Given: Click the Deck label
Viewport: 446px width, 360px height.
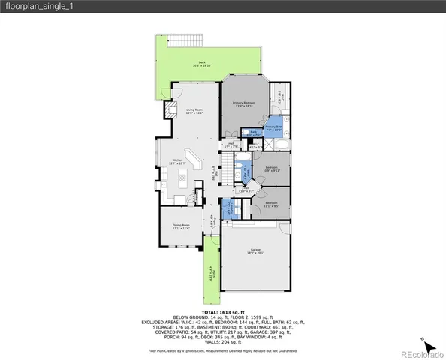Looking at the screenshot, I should [202, 63].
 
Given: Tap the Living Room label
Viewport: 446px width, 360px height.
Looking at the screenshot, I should [195, 112].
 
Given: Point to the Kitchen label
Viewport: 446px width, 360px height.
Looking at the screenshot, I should [178, 161].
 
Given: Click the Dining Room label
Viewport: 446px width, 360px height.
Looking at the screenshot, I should [180, 226].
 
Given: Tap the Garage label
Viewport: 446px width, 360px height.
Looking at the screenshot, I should [256, 251].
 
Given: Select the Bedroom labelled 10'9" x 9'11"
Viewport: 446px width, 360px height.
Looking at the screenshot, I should [271, 169].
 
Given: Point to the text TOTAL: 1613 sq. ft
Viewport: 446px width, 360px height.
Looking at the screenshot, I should [222, 310].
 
